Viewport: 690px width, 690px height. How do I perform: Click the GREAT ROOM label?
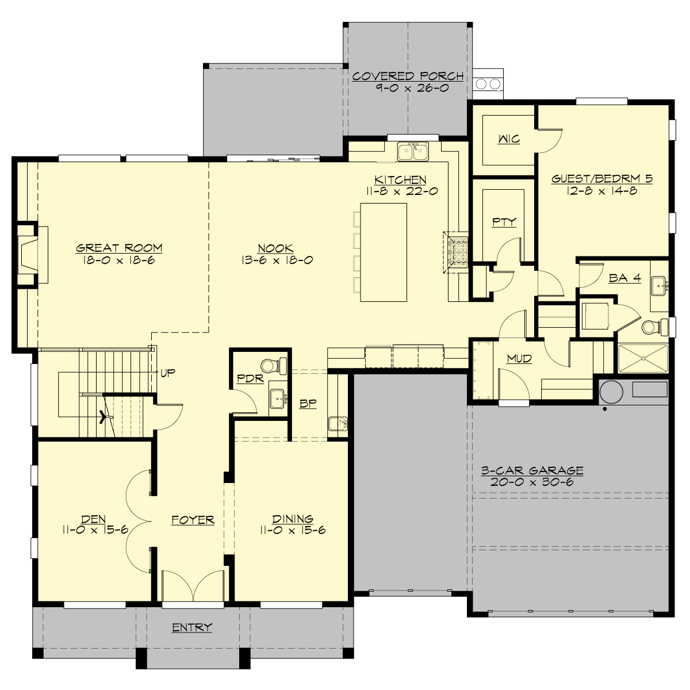coord(119,248)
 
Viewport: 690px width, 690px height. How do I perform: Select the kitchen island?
coord(383,252)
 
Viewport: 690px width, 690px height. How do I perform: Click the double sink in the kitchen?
coord(413,152)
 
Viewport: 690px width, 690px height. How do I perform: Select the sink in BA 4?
coord(660,284)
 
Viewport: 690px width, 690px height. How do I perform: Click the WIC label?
coord(508,139)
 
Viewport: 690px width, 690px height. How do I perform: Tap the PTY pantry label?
coord(504,222)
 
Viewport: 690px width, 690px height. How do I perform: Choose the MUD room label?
coord(519,359)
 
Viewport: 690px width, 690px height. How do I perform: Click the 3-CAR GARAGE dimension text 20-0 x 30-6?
coord(532,482)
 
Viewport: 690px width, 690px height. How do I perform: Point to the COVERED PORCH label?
coord(408,76)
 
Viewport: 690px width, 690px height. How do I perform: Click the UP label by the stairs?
coord(167,373)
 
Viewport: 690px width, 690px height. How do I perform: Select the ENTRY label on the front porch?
coord(192,627)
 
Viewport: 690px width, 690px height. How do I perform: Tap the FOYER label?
coord(193,520)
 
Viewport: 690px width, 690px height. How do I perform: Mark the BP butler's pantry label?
coord(308,403)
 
